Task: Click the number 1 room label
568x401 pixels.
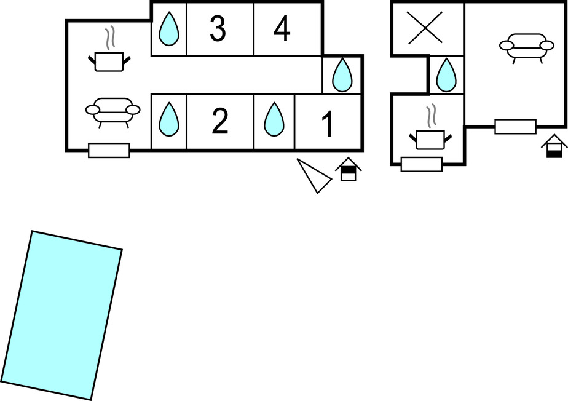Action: (x=328, y=123)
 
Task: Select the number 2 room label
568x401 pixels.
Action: (x=219, y=122)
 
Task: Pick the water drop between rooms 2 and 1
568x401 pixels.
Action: (x=274, y=119)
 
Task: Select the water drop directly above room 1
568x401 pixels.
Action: (x=342, y=74)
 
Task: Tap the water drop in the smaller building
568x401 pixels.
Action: (x=446, y=75)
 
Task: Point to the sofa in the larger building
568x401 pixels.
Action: (x=112, y=111)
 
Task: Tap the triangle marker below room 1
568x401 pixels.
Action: (x=317, y=175)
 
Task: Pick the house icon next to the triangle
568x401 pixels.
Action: (x=348, y=169)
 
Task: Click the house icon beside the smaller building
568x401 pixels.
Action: (x=554, y=146)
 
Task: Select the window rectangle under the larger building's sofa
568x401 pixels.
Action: (x=109, y=150)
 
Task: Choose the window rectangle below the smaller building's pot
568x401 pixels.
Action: (x=421, y=164)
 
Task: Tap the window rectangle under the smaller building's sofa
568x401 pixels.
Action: (x=515, y=127)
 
